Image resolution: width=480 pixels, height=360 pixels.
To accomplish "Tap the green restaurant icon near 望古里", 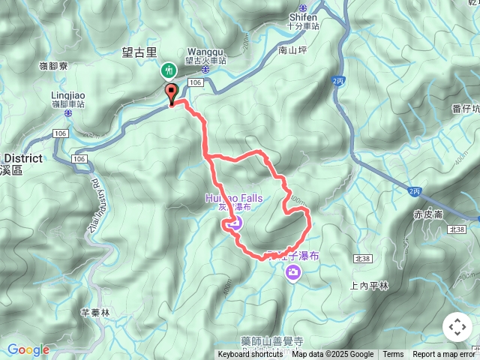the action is pos(169,70).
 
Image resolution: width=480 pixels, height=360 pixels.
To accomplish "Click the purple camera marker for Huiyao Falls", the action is pos(235,222).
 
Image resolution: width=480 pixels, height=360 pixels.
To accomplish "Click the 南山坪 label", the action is pos(292,51).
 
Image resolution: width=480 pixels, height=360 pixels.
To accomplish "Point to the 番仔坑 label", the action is pos(466,109).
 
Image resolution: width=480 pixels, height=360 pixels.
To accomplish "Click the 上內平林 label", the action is pos(370,286).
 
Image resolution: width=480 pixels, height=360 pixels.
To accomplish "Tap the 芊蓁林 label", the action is pos(95,312).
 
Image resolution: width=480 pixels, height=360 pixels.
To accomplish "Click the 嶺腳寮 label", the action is pos(54,66).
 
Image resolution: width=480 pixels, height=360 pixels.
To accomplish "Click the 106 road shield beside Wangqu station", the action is pos(196,82).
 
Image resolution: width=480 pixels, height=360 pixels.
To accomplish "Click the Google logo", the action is pos(28,349).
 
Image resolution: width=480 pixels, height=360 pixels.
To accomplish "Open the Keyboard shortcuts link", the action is pos(250,355).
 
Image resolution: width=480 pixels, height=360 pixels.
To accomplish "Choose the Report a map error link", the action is pos(445,355).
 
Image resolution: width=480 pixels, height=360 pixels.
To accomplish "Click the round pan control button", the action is pos(457,327).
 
